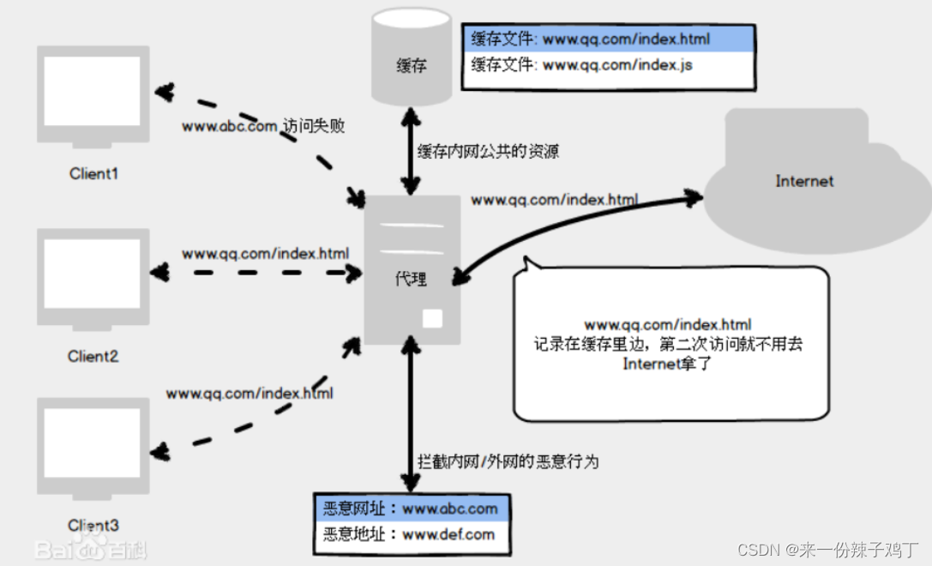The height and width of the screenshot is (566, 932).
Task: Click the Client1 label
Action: click(x=93, y=174)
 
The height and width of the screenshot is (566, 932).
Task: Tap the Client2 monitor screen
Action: click(x=93, y=274)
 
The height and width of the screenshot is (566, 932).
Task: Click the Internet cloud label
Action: click(x=804, y=181)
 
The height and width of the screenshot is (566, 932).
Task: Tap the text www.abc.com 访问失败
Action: click(x=262, y=125)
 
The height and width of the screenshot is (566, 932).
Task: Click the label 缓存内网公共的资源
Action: click(x=489, y=152)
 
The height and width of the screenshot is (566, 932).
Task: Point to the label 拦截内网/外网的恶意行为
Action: click(x=508, y=461)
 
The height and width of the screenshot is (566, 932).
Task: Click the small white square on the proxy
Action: click(x=433, y=318)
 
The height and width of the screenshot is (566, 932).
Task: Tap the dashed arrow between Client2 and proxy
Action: click(x=257, y=273)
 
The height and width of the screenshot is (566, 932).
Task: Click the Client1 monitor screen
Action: click(x=93, y=92)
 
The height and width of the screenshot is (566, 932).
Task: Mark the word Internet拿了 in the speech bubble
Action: click(x=668, y=364)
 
